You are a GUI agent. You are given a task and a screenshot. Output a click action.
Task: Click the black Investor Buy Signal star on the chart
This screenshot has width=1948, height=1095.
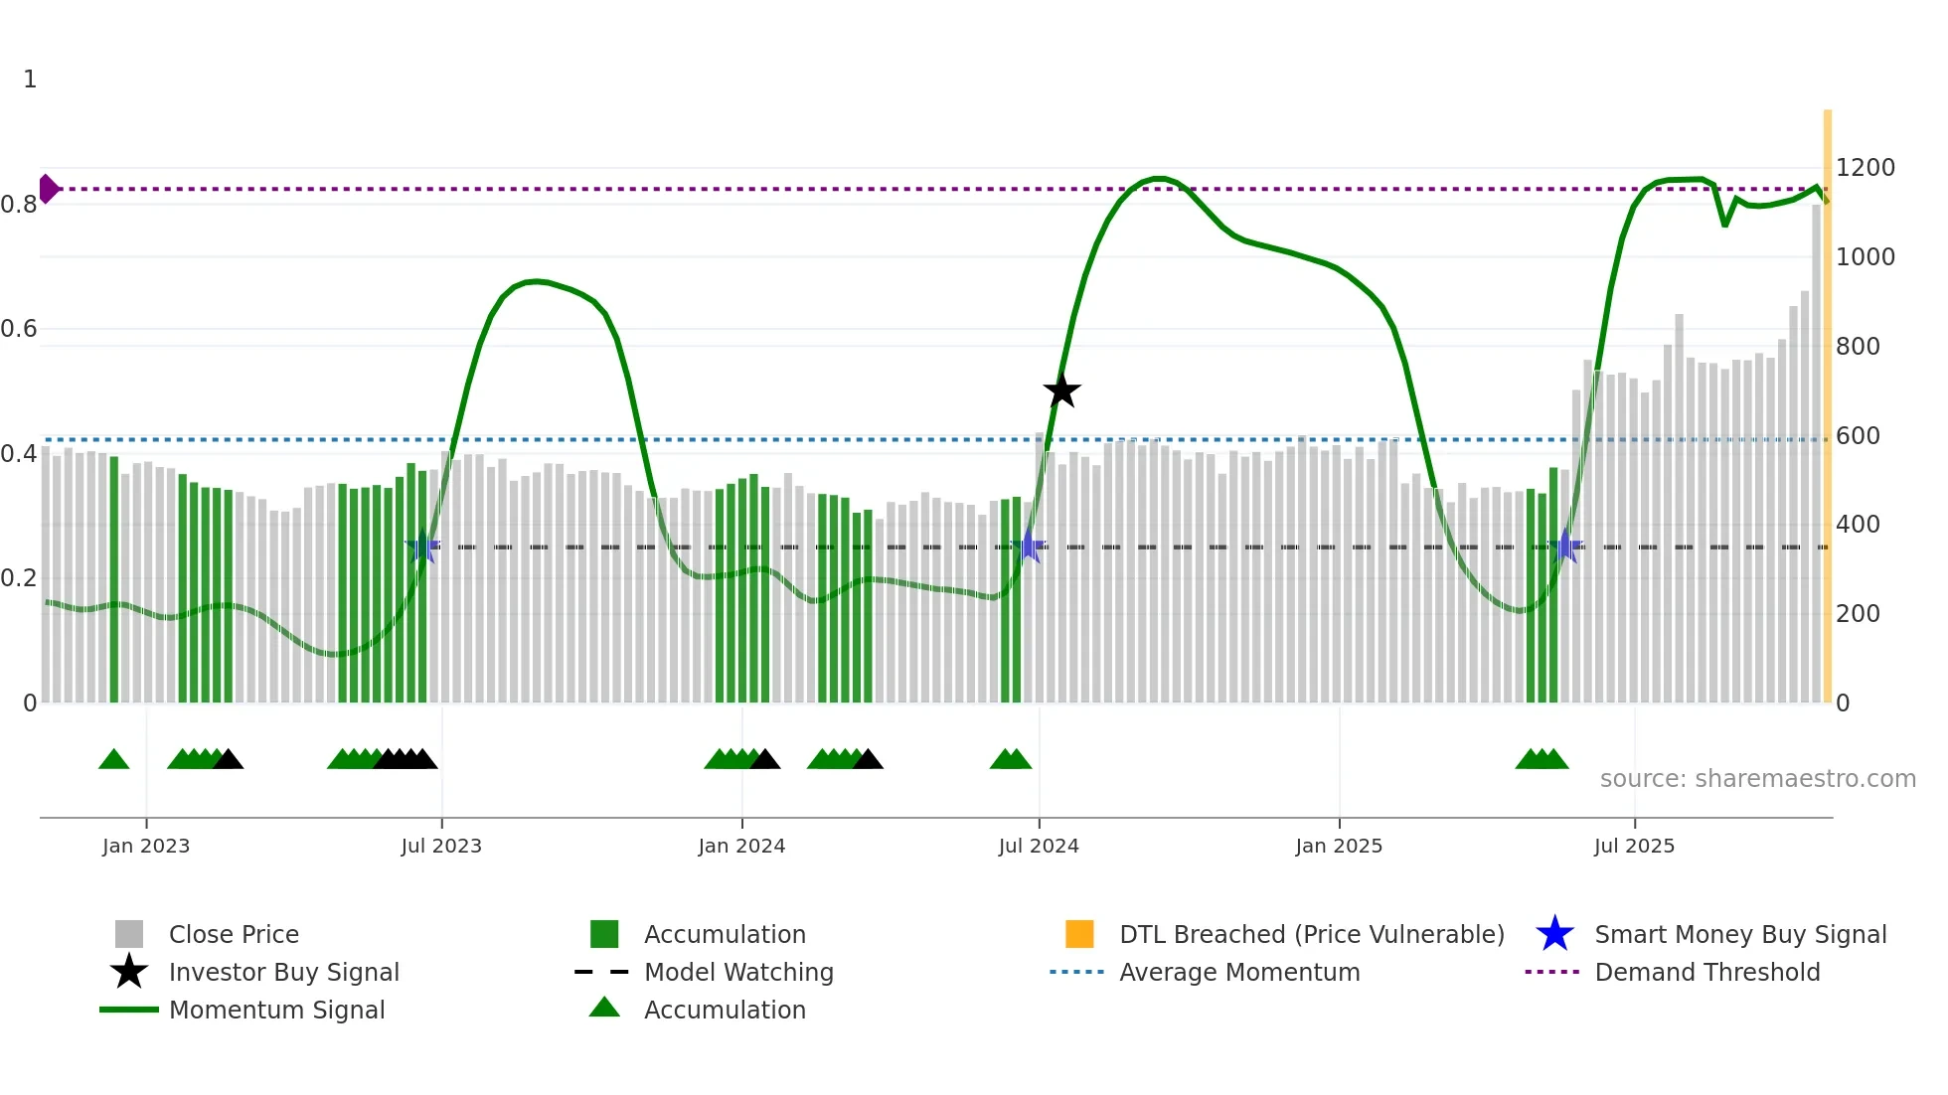click(x=1061, y=391)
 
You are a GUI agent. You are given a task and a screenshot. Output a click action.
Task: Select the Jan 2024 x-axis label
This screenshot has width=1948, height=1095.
click(x=741, y=846)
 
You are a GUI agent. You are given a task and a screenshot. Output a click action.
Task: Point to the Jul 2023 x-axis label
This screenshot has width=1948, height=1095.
click(x=441, y=846)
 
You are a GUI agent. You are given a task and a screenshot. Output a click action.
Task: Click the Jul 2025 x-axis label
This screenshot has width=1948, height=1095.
click(x=1634, y=846)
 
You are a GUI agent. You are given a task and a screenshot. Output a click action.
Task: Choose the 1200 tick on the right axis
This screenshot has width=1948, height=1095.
click(x=1865, y=168)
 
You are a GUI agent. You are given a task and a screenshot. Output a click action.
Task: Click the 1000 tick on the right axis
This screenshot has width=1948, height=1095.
click(x=1865, y=257)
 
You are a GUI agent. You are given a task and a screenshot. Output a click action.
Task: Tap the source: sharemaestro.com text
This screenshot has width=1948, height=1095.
click(x=1757, y=779)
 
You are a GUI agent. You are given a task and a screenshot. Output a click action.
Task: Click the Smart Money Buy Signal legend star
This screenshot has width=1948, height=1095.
click(x=1554, y=934)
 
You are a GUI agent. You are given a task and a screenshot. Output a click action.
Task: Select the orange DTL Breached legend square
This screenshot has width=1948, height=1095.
click(x=1079, y=934)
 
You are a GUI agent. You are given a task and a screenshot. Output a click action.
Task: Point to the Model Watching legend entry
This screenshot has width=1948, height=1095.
click(x=738, y=972)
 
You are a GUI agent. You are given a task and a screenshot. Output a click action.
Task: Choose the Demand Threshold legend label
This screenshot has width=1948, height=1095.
click(x=1706, y=972)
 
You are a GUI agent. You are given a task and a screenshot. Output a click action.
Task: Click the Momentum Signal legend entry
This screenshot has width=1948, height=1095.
click(x=276, y=1010)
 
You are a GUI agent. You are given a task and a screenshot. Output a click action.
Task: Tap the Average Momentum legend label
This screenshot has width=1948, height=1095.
click(x=1239, y=972)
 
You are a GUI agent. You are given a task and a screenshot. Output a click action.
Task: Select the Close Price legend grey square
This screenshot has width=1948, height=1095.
click(x=129, y=934)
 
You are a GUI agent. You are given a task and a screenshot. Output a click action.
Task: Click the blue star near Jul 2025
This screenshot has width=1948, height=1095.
click(x=1565, y=546)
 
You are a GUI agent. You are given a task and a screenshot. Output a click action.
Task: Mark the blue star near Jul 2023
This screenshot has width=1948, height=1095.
click(x=422, y=546)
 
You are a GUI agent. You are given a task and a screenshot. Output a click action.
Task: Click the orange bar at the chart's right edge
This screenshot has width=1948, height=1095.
click(x=1827, y=397)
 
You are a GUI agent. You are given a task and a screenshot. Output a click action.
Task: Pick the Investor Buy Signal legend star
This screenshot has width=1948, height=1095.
click(x=129, y=972)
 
